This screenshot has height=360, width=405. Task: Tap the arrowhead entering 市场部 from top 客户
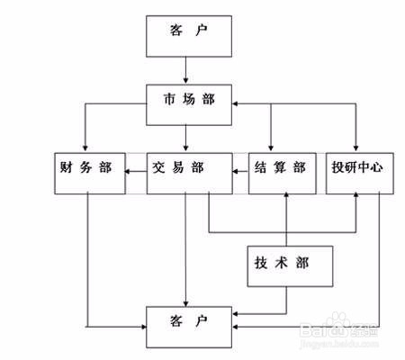coord(186,80)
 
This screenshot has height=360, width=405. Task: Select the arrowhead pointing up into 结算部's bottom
coord(286,195)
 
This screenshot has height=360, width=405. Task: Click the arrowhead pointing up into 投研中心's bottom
coord(357,195)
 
